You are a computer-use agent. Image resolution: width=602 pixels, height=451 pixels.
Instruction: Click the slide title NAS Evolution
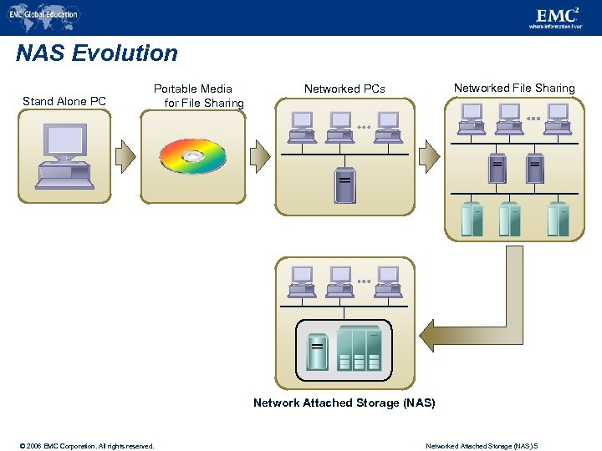97,53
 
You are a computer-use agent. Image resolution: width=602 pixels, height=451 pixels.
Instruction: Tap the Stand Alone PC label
64,101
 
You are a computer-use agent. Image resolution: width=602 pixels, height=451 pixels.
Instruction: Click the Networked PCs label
344,89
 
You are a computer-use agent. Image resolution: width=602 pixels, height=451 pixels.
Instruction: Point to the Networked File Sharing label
514,88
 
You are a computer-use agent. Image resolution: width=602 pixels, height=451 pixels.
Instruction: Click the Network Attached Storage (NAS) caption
344,403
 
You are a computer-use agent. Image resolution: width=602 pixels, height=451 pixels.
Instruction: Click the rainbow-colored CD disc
193,156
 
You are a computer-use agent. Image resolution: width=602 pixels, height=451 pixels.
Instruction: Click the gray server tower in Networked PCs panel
344,185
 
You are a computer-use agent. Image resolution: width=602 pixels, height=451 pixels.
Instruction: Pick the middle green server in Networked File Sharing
509,219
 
